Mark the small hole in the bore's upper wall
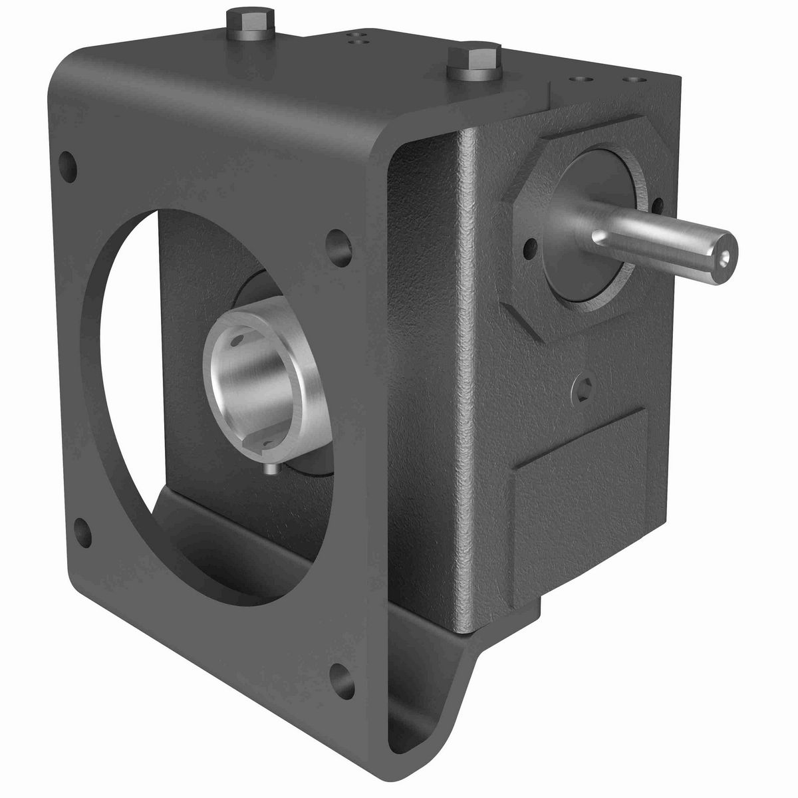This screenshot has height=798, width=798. [237, 344]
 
